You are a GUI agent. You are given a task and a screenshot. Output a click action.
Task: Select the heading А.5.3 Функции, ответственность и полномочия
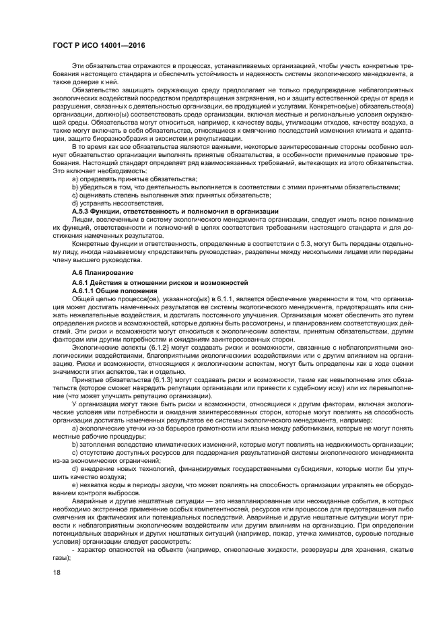click(x=174, y=212)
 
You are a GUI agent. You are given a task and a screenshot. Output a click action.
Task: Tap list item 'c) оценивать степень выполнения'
click(x=162, y=195)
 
